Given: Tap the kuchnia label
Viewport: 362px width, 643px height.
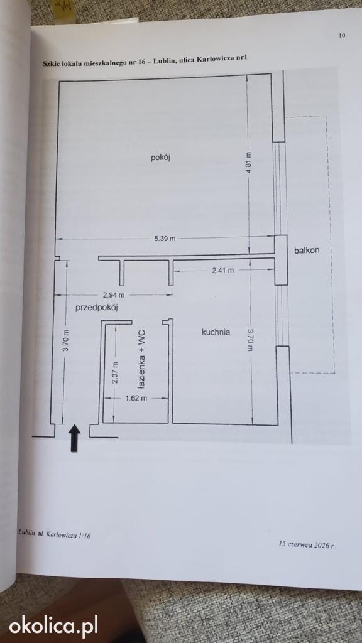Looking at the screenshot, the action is click(216, 332).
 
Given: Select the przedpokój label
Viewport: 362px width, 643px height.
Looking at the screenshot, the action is click(97, 308).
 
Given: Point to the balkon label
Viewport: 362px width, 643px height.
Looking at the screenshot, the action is click(307, 251).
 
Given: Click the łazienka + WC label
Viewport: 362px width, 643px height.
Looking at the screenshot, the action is click(141, 359).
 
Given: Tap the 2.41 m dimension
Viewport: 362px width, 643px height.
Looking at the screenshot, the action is click(222, 270).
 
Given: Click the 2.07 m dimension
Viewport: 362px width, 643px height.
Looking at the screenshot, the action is click(116, 372).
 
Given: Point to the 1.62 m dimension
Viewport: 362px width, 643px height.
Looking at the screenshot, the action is click(136, 397).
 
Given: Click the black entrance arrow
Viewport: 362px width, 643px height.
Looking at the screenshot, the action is click(74, 438).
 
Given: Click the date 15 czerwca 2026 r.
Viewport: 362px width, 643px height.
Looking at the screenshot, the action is click(307, 545).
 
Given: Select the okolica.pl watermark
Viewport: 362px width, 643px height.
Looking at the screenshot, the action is click(53, 626).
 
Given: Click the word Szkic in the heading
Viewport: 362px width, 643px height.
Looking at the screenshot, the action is click(52, 64).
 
